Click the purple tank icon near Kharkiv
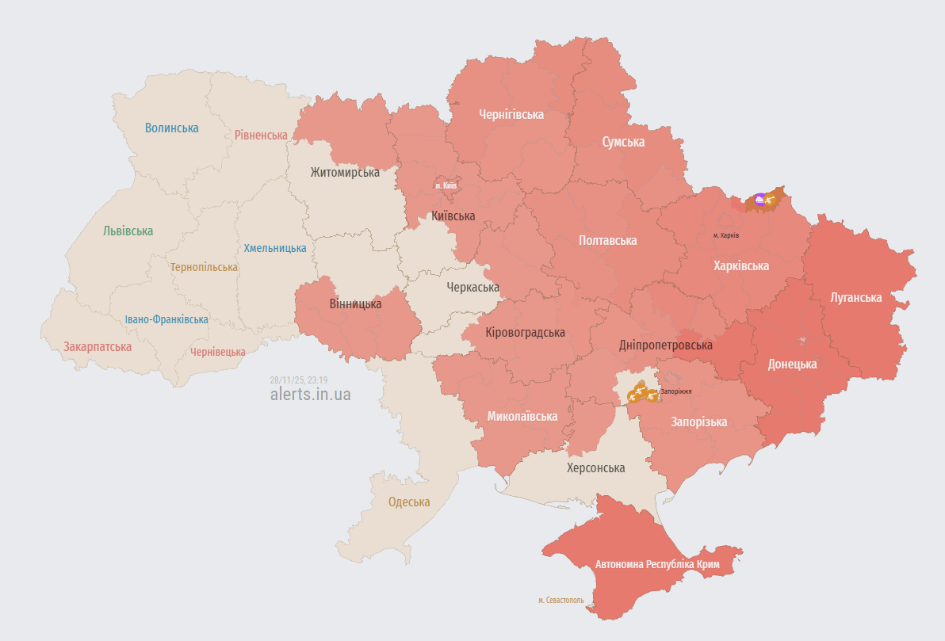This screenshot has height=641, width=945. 760,200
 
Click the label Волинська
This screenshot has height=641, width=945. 172,128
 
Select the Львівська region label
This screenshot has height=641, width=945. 128,231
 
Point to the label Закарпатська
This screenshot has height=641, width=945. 98,346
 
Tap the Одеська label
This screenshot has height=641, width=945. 409,502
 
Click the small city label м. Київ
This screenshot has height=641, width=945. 446,185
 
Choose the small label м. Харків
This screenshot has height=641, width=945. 725,235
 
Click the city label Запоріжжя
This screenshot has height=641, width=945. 675,391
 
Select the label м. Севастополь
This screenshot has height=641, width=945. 560,600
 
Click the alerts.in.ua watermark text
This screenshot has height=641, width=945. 310,394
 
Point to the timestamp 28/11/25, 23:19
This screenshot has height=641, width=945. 298,380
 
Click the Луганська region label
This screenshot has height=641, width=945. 856,297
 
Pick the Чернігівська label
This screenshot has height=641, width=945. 511,114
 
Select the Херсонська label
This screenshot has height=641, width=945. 595,467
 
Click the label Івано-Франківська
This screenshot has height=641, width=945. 166,319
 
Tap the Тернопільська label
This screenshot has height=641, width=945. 204,267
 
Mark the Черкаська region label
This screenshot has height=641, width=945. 473,287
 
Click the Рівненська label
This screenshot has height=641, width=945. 261,135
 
